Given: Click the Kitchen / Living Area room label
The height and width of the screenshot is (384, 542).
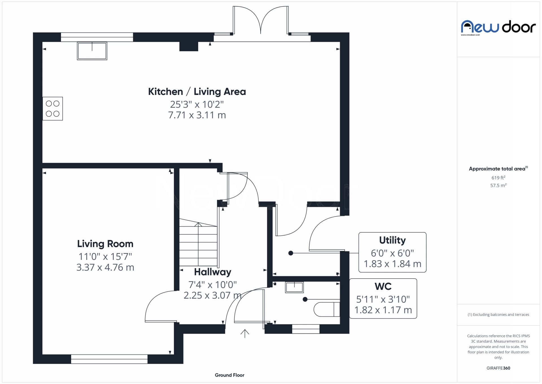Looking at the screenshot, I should [x=197, y=92].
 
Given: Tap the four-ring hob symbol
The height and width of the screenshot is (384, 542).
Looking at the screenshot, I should [x=53, y=109].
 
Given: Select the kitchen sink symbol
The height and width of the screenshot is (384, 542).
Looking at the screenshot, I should [x=92, y=51].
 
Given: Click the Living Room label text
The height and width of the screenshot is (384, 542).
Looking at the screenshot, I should [x=105, y=244].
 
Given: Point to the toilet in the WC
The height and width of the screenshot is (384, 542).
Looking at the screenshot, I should [x=326, y=309].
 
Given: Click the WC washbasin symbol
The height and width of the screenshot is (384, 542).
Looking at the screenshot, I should [x=294, y=287].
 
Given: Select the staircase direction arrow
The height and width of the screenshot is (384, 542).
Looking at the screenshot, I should [x=198, y=225].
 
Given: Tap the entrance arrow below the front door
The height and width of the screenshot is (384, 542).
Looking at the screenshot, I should [x=245, y=333].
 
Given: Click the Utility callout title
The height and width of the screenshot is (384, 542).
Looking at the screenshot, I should [x=392, y=240].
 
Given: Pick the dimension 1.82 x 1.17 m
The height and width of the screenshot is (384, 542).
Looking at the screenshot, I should [x=383, y=310].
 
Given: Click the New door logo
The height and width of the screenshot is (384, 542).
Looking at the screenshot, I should [x=498, y=27].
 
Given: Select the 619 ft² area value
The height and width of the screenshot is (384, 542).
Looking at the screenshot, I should [x=498, y=178].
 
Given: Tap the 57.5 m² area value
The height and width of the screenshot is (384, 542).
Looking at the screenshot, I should [x=498, y=185].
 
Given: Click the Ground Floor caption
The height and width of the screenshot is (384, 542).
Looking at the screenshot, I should [x=229, y=375].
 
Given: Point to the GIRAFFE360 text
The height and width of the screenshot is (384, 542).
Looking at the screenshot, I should [x=498, y=368].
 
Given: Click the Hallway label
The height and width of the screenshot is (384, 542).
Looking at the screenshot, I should [x=213, y=272].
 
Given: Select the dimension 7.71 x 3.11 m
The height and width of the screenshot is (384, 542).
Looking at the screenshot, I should [x=197, y=115].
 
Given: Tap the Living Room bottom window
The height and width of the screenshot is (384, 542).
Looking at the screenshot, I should [x=109, y=359].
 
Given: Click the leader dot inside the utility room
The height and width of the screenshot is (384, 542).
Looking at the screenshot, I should [x=291, y=253].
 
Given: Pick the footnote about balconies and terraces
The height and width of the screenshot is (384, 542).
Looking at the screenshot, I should [x=498, y=314].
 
